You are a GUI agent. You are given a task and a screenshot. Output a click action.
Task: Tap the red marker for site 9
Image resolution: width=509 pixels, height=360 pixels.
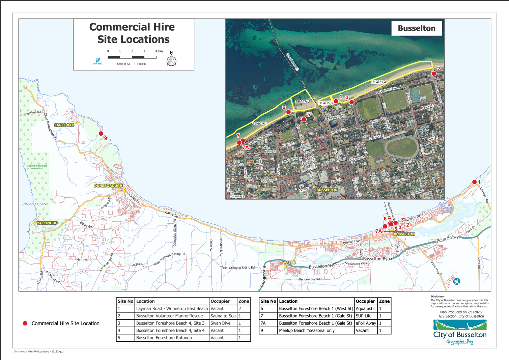point(101,134)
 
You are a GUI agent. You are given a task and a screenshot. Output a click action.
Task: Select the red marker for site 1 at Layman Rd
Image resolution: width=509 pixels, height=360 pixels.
point(474,182)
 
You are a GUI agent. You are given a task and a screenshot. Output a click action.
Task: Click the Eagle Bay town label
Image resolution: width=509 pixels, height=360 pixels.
point(64,125)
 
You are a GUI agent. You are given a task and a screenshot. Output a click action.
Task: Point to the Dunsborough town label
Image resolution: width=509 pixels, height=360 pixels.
point(108,186)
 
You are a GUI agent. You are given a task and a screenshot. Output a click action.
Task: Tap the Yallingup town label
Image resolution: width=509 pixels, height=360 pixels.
point(47,223)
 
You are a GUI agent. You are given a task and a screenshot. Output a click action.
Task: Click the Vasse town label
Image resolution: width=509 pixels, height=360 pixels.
point(289,262)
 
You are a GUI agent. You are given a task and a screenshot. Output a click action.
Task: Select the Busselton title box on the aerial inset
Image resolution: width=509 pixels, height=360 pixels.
point(416,28)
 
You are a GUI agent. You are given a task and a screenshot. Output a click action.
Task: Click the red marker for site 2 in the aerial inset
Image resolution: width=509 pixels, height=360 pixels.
point(434,74)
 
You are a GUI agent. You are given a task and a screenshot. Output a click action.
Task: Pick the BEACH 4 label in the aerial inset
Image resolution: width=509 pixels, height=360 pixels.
point(378,82)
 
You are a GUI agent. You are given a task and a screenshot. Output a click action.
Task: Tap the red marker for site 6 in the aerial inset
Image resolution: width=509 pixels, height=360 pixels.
point(288,112)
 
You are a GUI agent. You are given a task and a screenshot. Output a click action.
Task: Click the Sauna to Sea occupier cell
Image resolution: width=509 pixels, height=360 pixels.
point(223,316)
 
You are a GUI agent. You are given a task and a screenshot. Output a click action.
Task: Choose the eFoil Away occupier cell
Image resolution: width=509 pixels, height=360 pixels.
point(366,323)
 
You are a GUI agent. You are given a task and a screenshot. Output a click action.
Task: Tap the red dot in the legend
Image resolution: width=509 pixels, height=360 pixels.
point(25,323)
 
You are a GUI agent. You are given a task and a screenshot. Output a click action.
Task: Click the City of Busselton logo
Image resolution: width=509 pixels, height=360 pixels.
point(460,332)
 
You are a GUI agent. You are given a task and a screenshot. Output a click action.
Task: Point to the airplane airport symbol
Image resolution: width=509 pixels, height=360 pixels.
point(457,281)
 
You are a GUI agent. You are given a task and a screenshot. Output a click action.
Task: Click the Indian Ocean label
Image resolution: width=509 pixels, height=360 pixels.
point(34,204)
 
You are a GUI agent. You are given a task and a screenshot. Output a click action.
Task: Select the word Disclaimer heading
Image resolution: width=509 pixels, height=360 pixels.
point(437,297)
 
